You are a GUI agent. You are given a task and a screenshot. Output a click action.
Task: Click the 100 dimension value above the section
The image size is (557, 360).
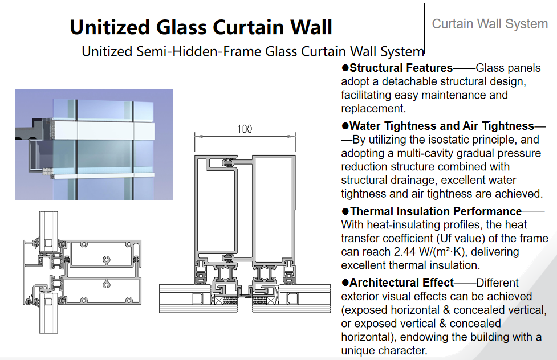[x=245, y=129]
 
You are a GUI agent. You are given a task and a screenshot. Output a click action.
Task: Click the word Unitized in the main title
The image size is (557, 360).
[x=109, y=27]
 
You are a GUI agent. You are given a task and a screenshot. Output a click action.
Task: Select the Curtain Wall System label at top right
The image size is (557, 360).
[x=490, y=24]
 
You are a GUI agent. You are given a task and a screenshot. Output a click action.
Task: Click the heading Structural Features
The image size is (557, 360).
[x=401, y=67]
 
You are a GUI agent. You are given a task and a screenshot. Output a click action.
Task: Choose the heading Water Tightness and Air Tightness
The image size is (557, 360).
[x=441, y=126]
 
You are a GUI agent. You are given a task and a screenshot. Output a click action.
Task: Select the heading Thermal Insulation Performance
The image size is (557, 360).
[x=436, y=211]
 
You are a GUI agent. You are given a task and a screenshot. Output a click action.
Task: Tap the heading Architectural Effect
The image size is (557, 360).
[x=402, y=283]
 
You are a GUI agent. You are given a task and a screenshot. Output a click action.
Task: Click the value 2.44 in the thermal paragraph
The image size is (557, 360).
[x=405, y=252]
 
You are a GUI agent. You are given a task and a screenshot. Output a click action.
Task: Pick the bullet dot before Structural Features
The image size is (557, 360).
[x=345, y=67]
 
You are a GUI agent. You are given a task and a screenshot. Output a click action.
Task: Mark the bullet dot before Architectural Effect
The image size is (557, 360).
[x=345, y=283]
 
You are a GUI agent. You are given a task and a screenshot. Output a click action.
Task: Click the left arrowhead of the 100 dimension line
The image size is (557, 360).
[x=198, y=136]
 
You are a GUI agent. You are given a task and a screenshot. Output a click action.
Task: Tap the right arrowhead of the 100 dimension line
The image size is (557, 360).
[x=292, y=136]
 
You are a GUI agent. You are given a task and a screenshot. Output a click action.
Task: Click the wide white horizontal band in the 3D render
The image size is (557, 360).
[x=103, y=130]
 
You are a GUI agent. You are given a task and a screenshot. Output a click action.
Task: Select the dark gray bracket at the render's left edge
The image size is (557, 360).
[x=29, y=129]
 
